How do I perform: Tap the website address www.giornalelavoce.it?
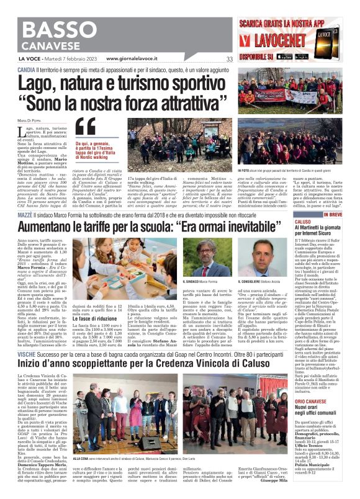pos(138,60)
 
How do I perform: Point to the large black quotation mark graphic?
pos(86,127)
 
